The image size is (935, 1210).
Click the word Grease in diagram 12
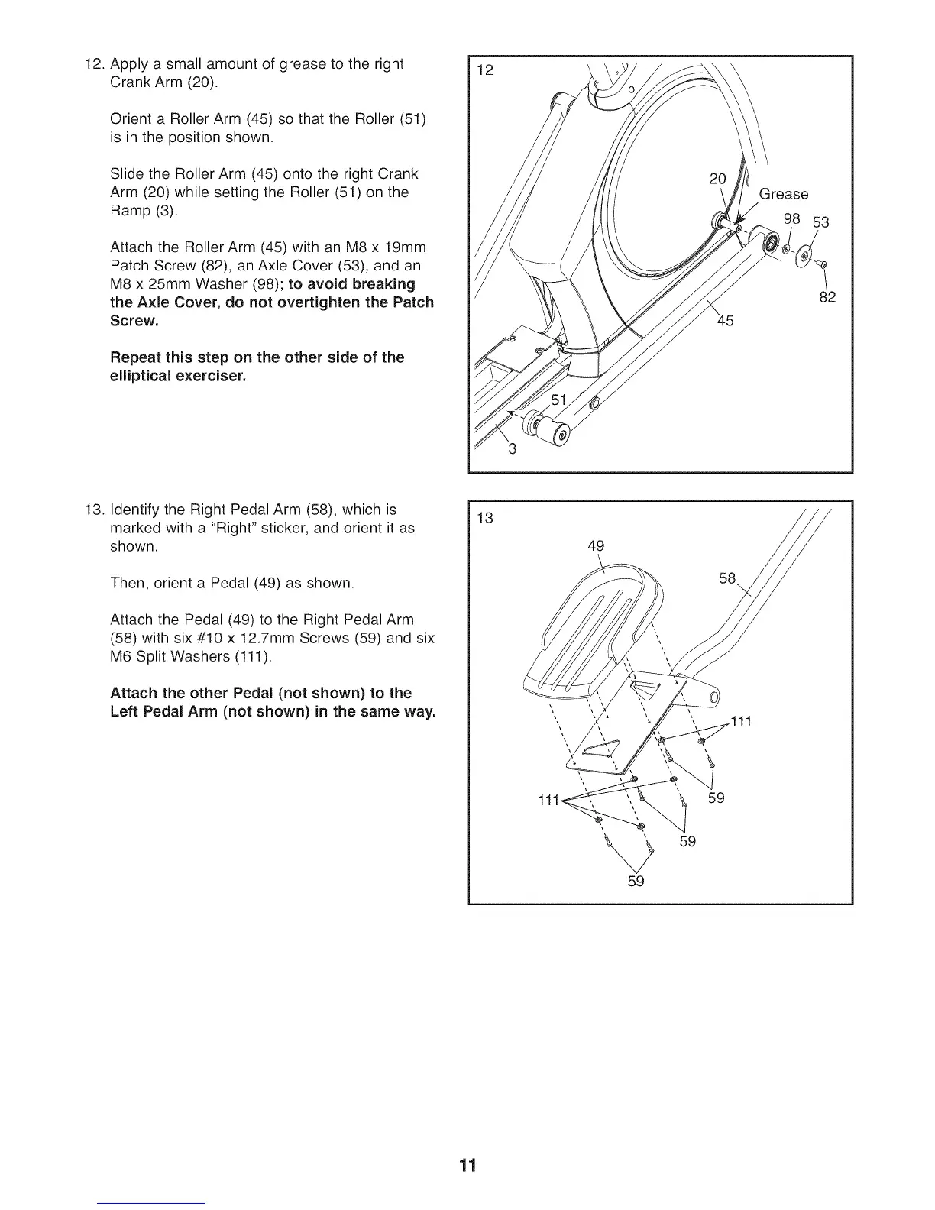point(783,194)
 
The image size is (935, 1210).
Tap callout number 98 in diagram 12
point(791,218)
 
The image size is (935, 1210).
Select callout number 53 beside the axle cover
point(820,223)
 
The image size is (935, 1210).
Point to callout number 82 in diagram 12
point(827,296)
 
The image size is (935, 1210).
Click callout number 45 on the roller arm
point(725,321)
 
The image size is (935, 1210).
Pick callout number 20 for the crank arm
point(717,179)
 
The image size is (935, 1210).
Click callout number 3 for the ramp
point(513,449)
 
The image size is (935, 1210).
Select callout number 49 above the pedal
point(596,545)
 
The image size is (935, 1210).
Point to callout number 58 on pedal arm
point(727,579)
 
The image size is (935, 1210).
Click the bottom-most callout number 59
point(636,881)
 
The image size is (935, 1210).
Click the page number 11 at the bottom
point(467,1165)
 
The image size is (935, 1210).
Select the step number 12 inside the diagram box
point(485,71)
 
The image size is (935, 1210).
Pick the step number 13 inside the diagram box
point(485,519)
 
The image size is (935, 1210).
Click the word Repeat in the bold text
point(136,357)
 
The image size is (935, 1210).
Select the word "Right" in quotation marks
point(318,528)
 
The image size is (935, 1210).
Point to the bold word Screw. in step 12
point(135,321)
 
